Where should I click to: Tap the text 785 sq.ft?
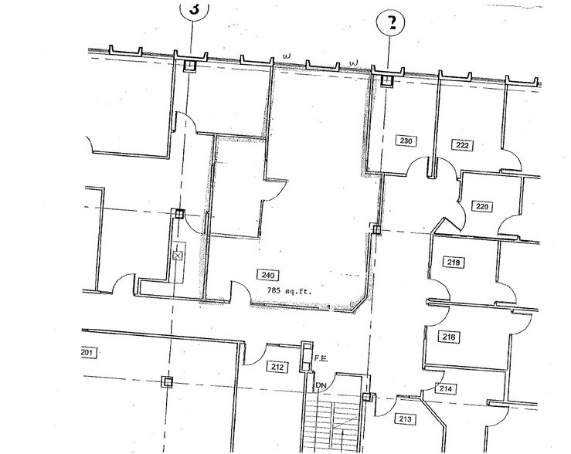(285, 291)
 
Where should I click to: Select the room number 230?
(406, 141)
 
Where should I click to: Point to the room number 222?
(463, 145)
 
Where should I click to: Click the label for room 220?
(483, 207)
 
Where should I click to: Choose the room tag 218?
(454, 263)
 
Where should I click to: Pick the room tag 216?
(450, 337)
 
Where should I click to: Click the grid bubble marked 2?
(391, 22)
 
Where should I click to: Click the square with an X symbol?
(177, 254)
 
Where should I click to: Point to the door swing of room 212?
(255, 354)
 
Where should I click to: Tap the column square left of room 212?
(165, 381)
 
